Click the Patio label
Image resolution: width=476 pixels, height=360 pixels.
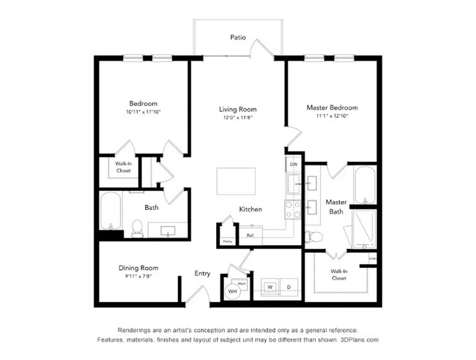(237, 36)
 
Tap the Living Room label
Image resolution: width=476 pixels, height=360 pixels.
(238, 109)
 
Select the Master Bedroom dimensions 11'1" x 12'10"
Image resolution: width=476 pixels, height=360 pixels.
(332, 116)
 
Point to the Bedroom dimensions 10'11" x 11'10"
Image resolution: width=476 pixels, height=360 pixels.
(144, 112)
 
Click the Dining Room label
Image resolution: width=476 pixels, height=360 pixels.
(138, 268)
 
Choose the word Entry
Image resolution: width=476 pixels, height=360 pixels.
(202, 274)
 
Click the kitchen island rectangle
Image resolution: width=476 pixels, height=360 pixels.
(236, 181)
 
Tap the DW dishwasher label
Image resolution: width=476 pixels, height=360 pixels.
(293, 165)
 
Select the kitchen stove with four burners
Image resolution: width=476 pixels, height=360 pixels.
(293, 209)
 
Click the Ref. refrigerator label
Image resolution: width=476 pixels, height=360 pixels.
(250, 236)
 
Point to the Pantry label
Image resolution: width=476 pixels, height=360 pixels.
(227, 240)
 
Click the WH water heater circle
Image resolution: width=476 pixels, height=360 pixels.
(233, 290)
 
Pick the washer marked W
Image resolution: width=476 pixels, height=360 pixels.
(269, 287)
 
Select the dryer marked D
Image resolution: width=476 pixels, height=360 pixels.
(288, 287)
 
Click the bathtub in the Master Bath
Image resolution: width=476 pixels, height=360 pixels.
(364, 186)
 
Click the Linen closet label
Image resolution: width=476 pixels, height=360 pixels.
(373, 258)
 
